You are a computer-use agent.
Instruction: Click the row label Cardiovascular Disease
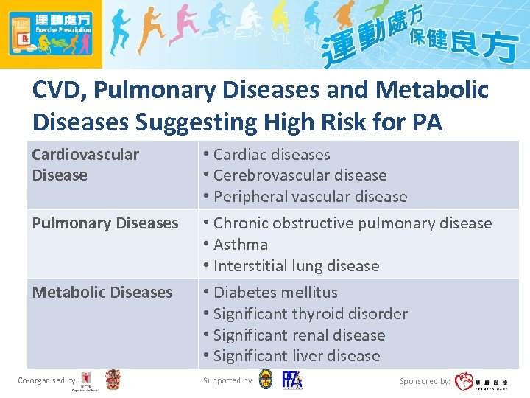click(x=85, y=164)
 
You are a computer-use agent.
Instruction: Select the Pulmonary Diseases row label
click(x=105, y=223)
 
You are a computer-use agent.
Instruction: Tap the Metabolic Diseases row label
click(x=102, y=292)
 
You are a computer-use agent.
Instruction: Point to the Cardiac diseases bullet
click(x=271, y=155)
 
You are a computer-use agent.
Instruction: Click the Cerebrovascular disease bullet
click(x=299, y=175)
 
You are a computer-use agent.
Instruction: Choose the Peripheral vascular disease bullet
click(x=309, y=197)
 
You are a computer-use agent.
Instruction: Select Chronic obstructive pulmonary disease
click(x=352, y=223)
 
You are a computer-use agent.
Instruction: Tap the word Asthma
click(x=240, y=244)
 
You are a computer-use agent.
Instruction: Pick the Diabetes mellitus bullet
click(x=275, y=292)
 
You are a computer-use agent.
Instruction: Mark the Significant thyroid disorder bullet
click(x=309, y=313)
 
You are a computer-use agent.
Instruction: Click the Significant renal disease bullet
click(x=298, y=335)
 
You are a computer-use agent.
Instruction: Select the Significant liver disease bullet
click(x=296, y=355)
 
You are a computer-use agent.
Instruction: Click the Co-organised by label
click(x=46, y=380)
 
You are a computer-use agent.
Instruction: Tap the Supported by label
click(x=228, y=380)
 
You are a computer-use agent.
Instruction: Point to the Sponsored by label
click(x=425, y=381)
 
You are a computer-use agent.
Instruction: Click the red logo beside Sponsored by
click(x=464, y=381)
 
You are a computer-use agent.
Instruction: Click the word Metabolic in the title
click(x=430, y=90)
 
